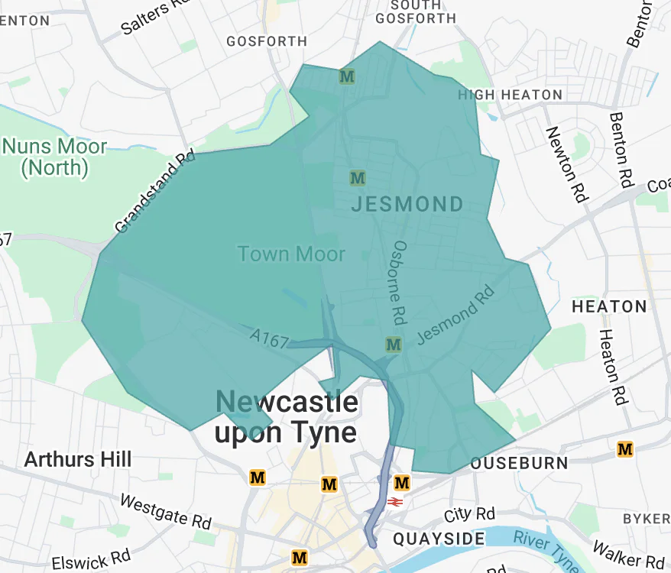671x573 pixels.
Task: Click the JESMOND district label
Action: click(x=407, y=205)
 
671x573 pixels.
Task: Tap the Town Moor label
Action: click(x=291, y=254)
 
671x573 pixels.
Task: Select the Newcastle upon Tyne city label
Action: click(x=286, y=418)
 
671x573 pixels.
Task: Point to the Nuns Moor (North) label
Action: click(x=54, y=157)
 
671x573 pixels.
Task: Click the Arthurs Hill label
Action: click(x=78, y=460)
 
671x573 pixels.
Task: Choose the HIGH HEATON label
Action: click(x=510, y=95)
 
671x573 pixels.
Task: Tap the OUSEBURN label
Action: click(x=519, y=464)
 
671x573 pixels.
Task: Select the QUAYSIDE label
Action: click(x=439, y=539)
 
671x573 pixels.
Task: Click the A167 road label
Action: click(x=268, y=337)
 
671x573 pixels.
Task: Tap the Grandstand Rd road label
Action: click(x=154, y=192)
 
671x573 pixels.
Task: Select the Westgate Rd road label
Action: click(x=165, y=512)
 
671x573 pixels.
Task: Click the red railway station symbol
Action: click(x=395, y=502)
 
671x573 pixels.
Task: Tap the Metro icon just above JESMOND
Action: click(x=357, y=178)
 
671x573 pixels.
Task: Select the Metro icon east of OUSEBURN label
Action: click(x=625, y=449)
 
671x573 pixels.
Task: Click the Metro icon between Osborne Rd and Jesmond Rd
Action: click(x=394, y=345)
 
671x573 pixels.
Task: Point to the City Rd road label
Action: click(x=470, y=514)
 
